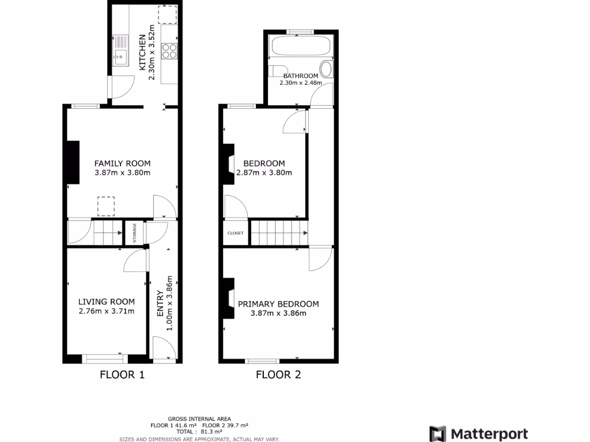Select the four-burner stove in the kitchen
tap(170, 51)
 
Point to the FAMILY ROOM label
tap(122, 163)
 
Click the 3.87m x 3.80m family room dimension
tap(122, 173)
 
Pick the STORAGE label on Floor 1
tap(135, 233)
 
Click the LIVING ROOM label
tap(107, 302)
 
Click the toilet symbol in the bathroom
tap(326, 70)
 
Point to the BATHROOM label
tap(300, 76)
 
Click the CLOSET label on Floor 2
tap(236, 233)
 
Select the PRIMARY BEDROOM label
tap(278, 304)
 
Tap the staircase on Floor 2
tap(278, 233)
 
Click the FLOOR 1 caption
tap(122, 375)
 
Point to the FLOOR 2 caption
tap(278, 375)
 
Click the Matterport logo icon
tap(438, 433)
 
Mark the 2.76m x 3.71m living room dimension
tap(107, 311)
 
